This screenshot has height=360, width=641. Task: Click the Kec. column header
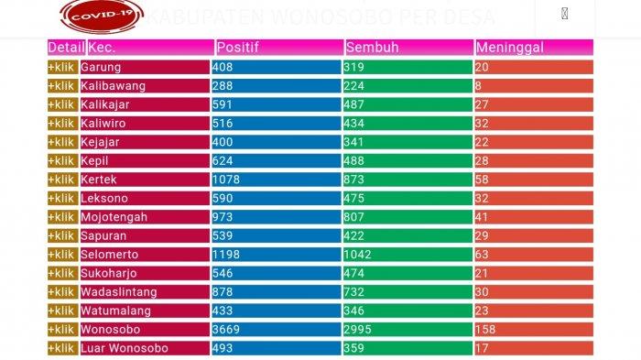pos(101,47)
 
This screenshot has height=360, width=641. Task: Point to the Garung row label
pos(102,67)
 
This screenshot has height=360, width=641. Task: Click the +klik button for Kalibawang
pos(62,86)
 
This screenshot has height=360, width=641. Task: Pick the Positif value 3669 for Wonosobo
pos(226,329)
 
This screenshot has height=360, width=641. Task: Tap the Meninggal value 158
pos(485,329)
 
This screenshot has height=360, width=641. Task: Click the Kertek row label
pos(99,180)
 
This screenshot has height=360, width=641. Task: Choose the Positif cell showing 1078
pos(226,180)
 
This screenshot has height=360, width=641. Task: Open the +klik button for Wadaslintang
pos(62,291)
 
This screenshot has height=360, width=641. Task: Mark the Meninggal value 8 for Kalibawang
pos(479,86)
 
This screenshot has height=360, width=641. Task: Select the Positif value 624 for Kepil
pos(223,160)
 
